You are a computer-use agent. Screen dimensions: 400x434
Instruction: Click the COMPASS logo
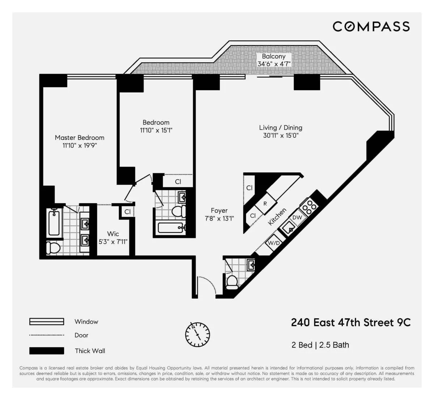click(x=371, y=26)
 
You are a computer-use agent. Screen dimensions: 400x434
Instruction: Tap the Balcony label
click(x=273, y=56)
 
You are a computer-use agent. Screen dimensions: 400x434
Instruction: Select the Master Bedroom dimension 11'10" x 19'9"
click(x=80, y=146)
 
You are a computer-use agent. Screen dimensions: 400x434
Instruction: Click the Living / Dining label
click(x=281, y=128)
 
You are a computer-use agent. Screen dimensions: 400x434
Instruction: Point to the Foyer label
click(x=219, y=211)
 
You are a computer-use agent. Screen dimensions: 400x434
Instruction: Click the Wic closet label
click(x=113, y=234)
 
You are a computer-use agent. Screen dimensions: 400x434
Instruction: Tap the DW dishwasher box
click(x=297, y=218)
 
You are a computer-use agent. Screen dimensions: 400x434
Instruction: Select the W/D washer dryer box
click(x=274, y=243)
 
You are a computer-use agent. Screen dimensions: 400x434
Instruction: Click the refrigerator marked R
click(x=265, y=204)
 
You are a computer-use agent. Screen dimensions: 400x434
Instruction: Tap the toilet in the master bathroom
click(x=53, y=248)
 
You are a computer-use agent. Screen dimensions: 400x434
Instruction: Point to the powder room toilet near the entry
click(x=231, y=281)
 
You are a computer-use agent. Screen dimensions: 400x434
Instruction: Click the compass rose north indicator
click(x=197, y=334)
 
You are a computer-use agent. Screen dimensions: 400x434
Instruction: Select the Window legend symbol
click(x=47, y=321)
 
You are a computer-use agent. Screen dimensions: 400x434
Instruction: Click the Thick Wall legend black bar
click(x=47, y=351)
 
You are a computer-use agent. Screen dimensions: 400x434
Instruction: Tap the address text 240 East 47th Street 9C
click(x=350, y=323)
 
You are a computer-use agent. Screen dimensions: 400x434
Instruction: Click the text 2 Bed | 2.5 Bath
click(x=320, y=345)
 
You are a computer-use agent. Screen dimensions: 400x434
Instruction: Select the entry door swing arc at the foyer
click(x=208, y=284)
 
